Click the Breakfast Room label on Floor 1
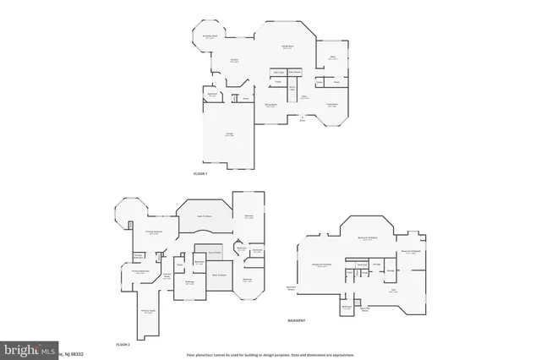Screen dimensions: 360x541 click(x=210, y=37)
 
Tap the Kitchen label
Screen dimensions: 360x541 click(x=235, y=60)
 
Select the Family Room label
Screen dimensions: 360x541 click(x=287, y=46)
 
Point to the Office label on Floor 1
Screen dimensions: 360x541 click(x=333, y=58)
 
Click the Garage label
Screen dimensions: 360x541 click(x=229, y=135)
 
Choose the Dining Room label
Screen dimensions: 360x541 click(x=332, y=105)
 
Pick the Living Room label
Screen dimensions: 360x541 click(x=270, y=106)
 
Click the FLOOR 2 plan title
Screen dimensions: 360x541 click(x=123, y=345)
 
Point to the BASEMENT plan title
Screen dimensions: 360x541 click(x=295, y=321)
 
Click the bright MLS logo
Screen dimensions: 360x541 click(x=29, y=349)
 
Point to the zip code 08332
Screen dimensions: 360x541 click(x=75, y=351)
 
